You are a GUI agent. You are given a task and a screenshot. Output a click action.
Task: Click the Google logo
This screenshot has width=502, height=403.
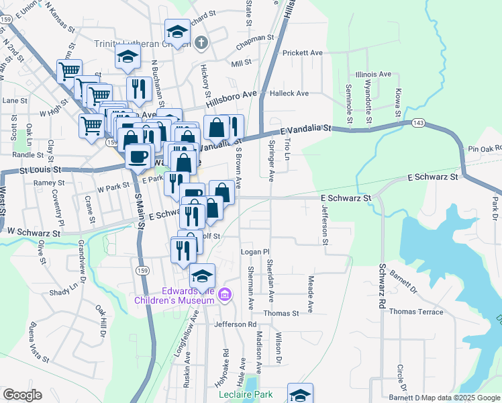coord(22,395)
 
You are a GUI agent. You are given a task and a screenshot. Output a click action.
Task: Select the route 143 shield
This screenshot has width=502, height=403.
coord(418,122)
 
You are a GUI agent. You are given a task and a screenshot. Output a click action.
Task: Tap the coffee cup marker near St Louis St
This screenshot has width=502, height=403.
coord(138,157)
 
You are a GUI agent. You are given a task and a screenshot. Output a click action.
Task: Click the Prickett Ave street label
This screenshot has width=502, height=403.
coord(303,52)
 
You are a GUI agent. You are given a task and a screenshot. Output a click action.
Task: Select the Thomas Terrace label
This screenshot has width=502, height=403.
coord(416,312)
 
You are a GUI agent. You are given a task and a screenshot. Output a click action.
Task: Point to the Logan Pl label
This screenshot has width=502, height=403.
coord(254,251)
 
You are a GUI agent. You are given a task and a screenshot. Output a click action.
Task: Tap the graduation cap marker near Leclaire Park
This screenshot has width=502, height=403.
coord(300,394)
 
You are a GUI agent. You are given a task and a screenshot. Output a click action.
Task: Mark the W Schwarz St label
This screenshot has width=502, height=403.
coord(33,232)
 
